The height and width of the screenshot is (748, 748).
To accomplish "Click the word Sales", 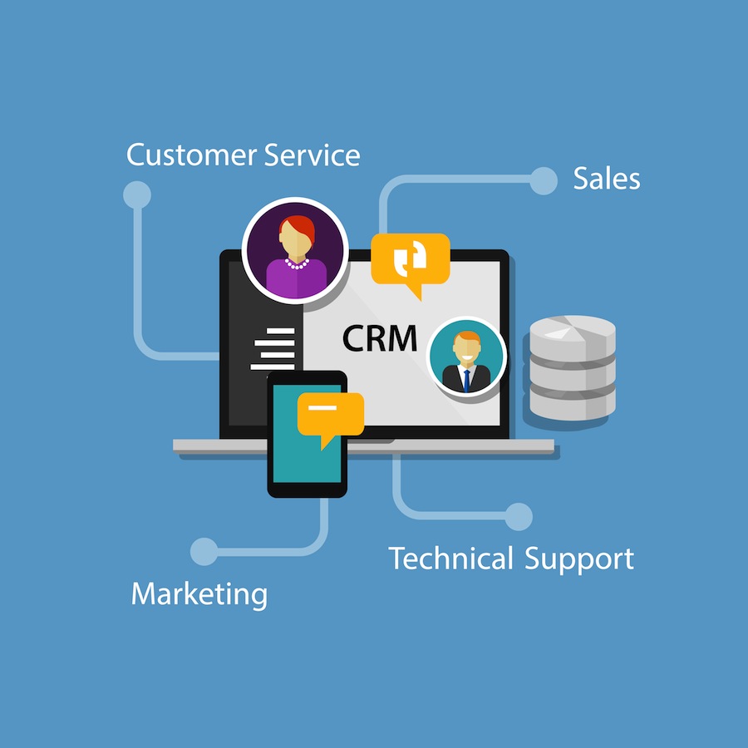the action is click(607, 179).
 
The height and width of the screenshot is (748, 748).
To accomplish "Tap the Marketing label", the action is click(199, 594).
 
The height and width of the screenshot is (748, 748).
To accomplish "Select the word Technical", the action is click(450, 558).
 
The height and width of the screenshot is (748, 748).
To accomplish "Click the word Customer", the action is click(191, 155).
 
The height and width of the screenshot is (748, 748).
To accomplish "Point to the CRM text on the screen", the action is click(380, 338).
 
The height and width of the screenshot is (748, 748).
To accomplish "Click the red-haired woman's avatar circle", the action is click(295, 250).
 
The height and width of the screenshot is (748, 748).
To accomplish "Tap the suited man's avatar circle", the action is click(466, 357).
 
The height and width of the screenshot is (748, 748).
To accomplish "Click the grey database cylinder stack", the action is click(573, 367).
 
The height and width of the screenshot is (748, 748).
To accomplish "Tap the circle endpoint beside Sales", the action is click(544, 181).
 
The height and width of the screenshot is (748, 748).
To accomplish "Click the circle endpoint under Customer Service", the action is click(137, 194).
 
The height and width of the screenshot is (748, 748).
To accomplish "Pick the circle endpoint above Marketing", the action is click(204, 552).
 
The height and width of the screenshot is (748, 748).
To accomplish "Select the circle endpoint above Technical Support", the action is click(519, 516).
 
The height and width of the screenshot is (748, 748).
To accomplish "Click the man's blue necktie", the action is click(466, 380).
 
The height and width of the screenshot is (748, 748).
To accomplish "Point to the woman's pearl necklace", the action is click(297, 263).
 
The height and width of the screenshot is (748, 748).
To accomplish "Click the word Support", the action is click(579, 559).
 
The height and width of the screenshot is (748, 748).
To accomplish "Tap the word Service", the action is click(312, 155).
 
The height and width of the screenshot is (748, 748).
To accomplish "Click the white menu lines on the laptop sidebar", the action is click(273, 349).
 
